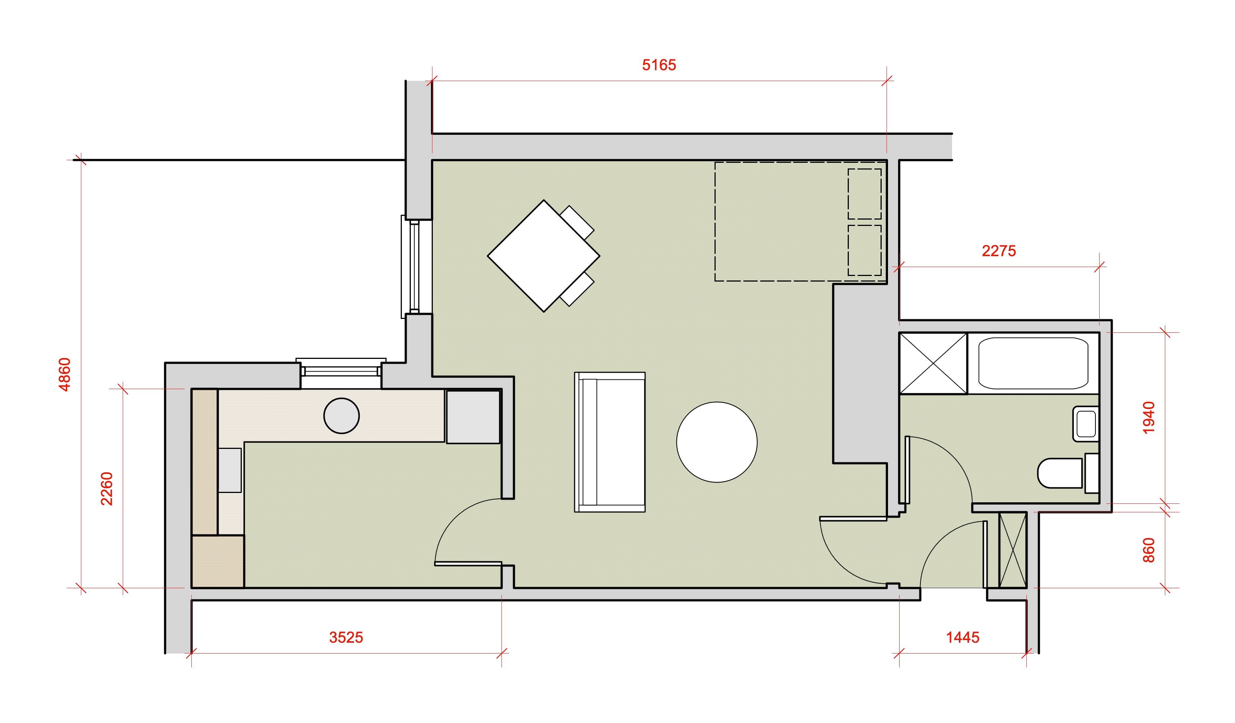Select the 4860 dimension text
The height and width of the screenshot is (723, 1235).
coord(65,374)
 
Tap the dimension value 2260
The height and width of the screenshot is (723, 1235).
coord(106,488)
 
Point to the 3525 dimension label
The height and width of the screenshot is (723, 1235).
coord(346,637)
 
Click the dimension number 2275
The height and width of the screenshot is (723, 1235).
coord(999,251)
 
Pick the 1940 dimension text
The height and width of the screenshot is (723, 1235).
coord(1149,418)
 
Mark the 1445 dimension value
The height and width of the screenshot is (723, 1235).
coord(963,637)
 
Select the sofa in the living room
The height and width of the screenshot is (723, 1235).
coord(610,442)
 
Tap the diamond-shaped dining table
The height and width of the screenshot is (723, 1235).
coord(544,255)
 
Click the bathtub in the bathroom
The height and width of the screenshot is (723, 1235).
coord(1034,363)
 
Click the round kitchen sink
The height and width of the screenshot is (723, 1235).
coord(342,415)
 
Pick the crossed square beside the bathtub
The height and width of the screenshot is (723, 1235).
coord(933,363)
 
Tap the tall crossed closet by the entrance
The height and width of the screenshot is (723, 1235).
coord(1013,549)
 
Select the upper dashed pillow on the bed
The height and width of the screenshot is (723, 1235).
coord(864,194)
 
